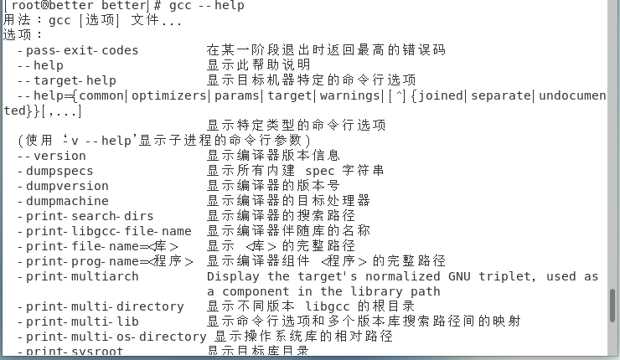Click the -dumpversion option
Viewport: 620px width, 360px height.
[x=67, y=186]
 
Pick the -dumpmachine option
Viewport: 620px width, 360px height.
[x=67, y=201]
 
